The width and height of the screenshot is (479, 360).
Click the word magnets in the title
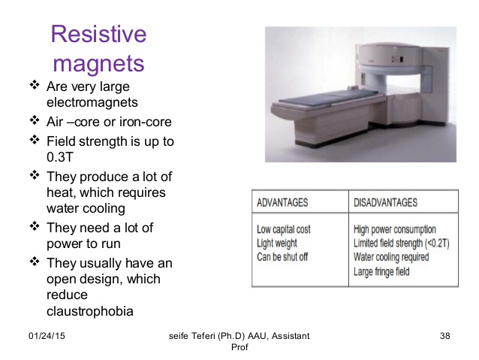coord(98,62)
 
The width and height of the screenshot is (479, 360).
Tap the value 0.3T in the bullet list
coord(61,156)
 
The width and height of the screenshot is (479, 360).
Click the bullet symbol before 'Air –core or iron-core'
coord(34,120)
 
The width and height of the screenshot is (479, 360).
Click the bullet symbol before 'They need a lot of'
coord(34,226)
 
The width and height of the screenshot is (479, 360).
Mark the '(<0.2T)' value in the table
coord(432,244)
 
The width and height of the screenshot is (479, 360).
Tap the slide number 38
coord(445,333)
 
